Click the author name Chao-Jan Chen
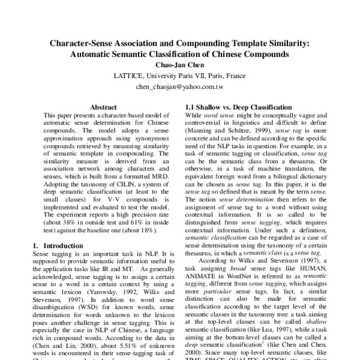coord(179,65)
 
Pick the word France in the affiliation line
coord(233,76)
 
